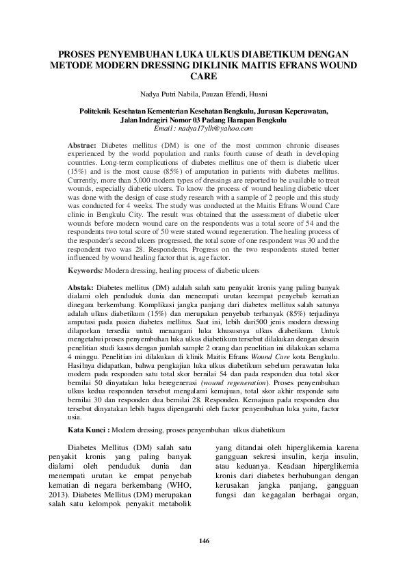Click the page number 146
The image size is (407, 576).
pos(204,541)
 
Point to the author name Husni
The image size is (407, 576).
pos(257,94)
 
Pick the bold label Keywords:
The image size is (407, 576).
pos(86,272)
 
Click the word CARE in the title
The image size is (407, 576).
pos(203,77)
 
